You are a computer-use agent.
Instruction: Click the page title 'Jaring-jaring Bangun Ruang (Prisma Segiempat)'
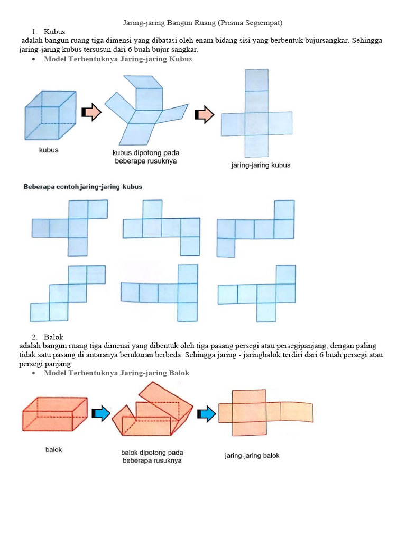tap(202, 23)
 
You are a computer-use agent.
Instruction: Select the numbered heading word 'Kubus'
tap(54, 32)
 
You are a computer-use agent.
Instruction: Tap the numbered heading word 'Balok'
tap(53, 337)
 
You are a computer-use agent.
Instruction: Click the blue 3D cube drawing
tap(50, 115)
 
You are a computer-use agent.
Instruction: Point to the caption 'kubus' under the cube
tap(49, 150)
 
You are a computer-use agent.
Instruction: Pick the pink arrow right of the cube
tap(91, 112)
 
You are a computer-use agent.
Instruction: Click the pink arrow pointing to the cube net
tap(205, 114)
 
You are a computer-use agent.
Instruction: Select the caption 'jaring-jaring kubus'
tap(261, 165)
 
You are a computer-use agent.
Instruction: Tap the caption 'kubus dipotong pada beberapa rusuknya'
tap(146, 157)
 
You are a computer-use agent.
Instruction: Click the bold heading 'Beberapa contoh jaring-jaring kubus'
tap(83, 187)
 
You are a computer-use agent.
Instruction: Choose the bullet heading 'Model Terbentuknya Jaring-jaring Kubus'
tap(118, 59)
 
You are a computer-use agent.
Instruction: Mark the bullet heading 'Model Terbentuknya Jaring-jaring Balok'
tap(116, 373)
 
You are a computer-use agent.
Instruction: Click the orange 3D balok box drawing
tap(54, 414)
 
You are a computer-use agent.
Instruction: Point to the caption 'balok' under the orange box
tap(53, 450)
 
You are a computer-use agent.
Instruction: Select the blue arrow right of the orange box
tap(101, 413)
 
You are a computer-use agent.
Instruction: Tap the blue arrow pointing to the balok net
tap(207, 414)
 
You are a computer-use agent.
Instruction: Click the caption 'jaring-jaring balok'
tap(252, 456)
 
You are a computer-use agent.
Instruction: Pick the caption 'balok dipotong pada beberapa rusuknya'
tap(152, 457)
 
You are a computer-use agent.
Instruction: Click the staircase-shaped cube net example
tap(68, 293)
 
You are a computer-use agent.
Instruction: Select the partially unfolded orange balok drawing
tap(152, 409)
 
